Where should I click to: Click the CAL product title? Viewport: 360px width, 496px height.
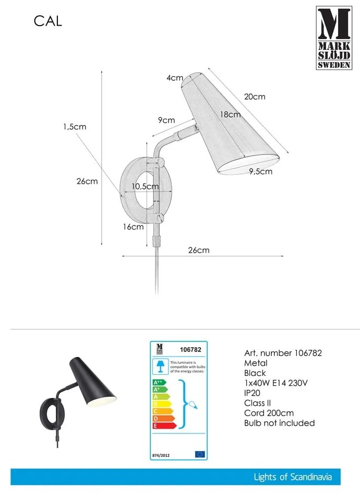48,21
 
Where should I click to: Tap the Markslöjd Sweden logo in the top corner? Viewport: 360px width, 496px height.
333,38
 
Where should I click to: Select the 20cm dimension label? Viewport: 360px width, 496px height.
255,97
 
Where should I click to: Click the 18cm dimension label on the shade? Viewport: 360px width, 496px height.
230,114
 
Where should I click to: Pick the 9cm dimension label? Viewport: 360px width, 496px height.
166,120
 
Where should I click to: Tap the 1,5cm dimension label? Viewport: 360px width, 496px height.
75,126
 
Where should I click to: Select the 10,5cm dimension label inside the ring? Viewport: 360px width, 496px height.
145,186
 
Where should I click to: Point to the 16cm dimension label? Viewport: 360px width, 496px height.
134,227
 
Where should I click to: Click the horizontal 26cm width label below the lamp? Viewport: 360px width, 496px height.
198,250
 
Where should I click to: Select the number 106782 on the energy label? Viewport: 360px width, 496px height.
190,350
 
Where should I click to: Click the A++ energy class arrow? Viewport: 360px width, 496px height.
159,382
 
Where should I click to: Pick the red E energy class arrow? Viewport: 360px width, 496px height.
162,426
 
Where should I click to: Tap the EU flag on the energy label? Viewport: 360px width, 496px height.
199,454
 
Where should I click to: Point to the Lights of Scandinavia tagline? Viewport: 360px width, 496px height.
293,477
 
